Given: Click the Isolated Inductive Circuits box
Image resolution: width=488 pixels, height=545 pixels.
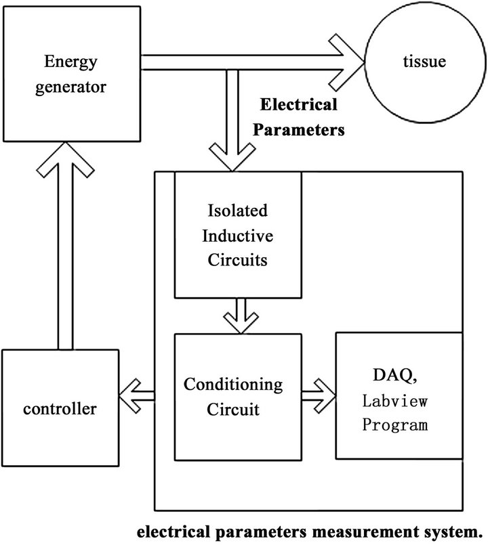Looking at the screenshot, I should click(x=237, y=234).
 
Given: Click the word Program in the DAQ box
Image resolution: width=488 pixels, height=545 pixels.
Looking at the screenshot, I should click(x=394, y=426).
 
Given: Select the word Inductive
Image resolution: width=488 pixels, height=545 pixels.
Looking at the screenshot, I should click(x=237, y=234).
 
